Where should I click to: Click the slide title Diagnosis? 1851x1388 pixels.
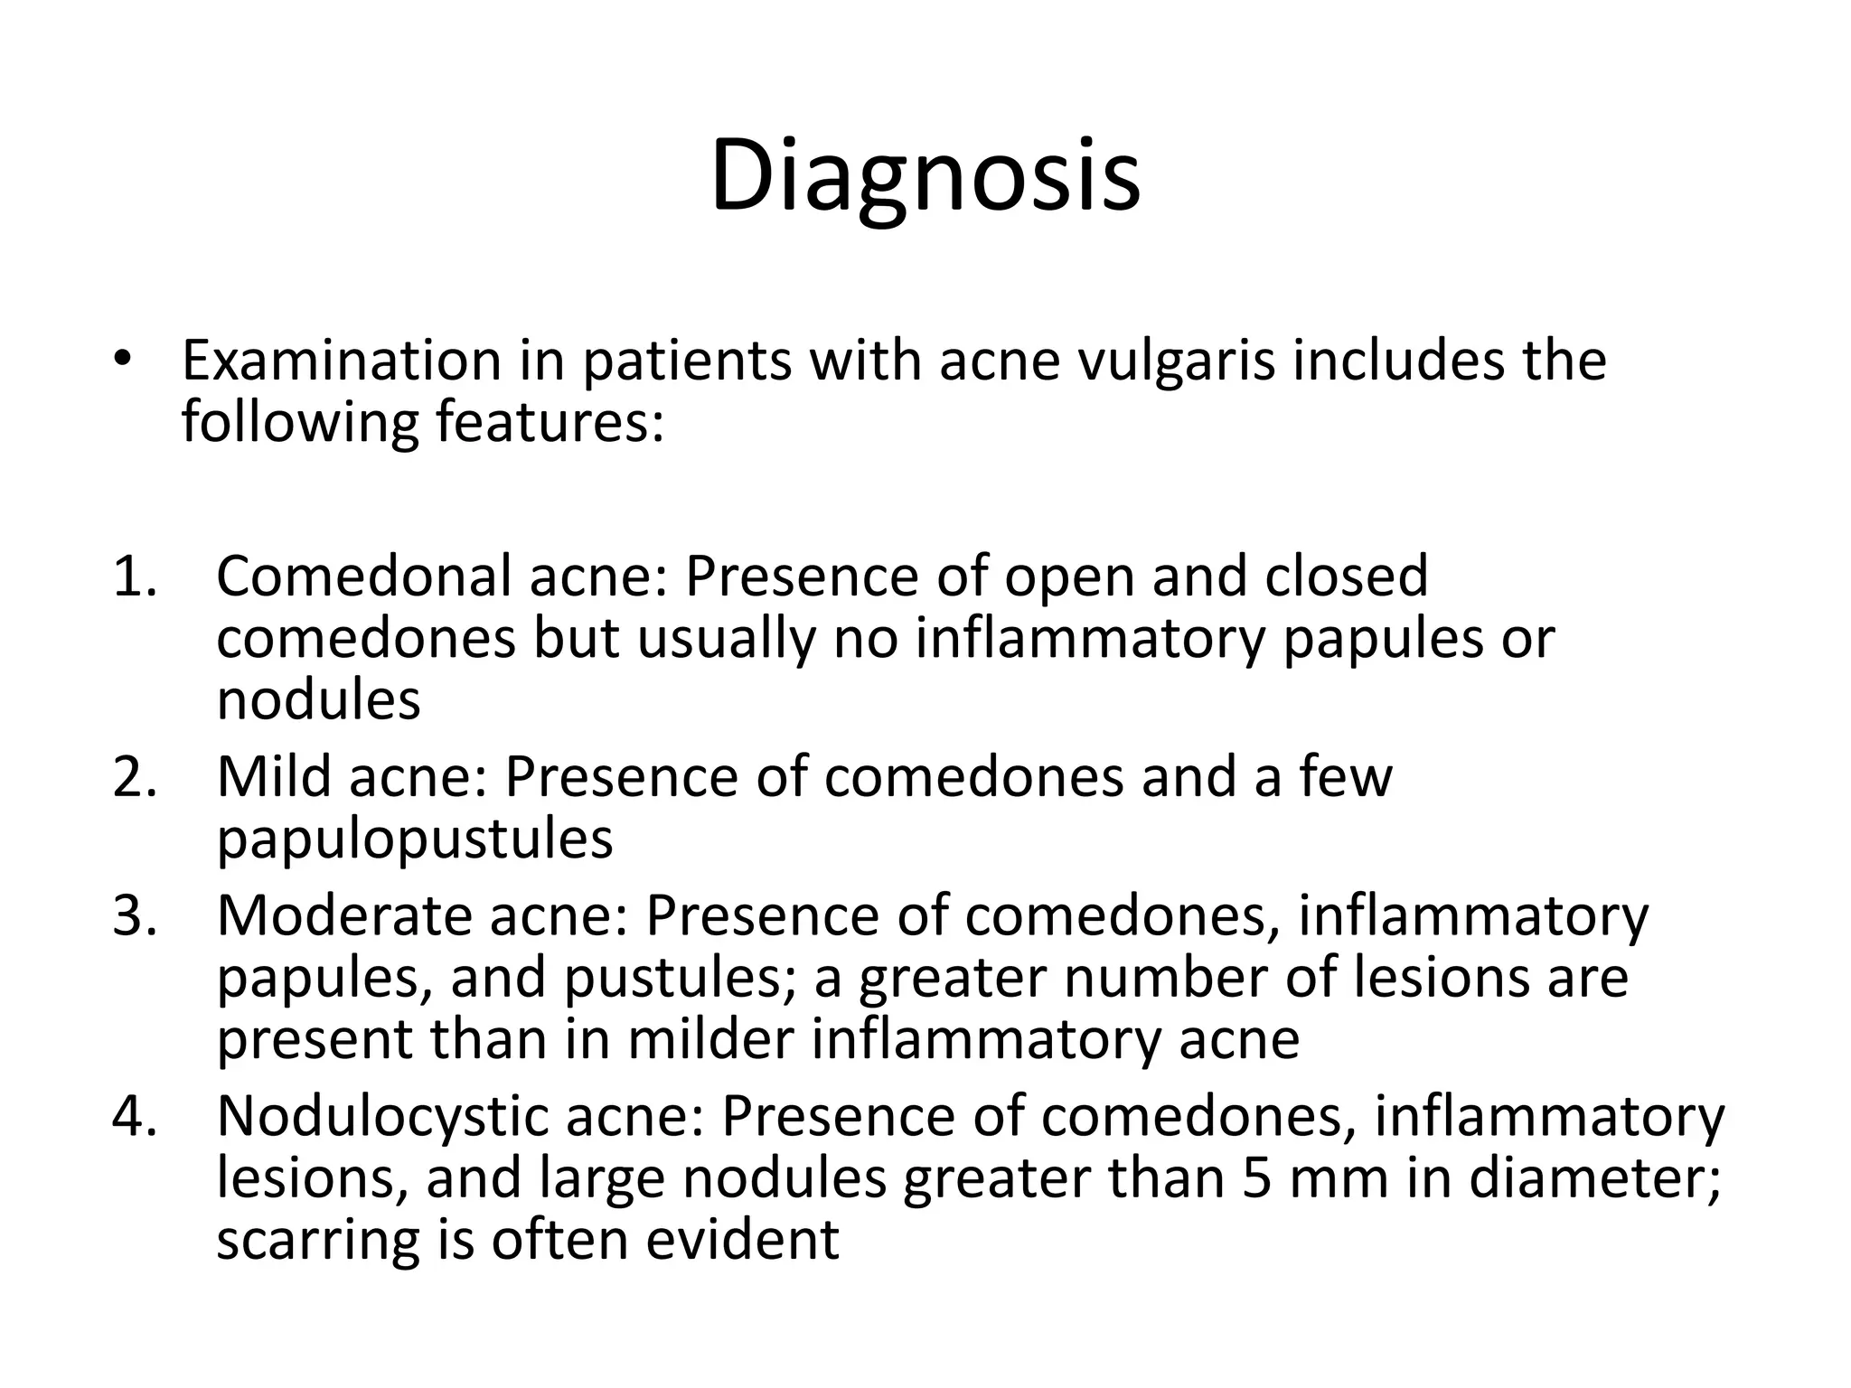coord(925,176)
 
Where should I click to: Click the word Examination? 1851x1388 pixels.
coord(341,361)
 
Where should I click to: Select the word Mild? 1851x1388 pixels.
coord(274,777)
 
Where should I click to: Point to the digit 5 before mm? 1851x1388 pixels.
coord(1256,1178)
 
